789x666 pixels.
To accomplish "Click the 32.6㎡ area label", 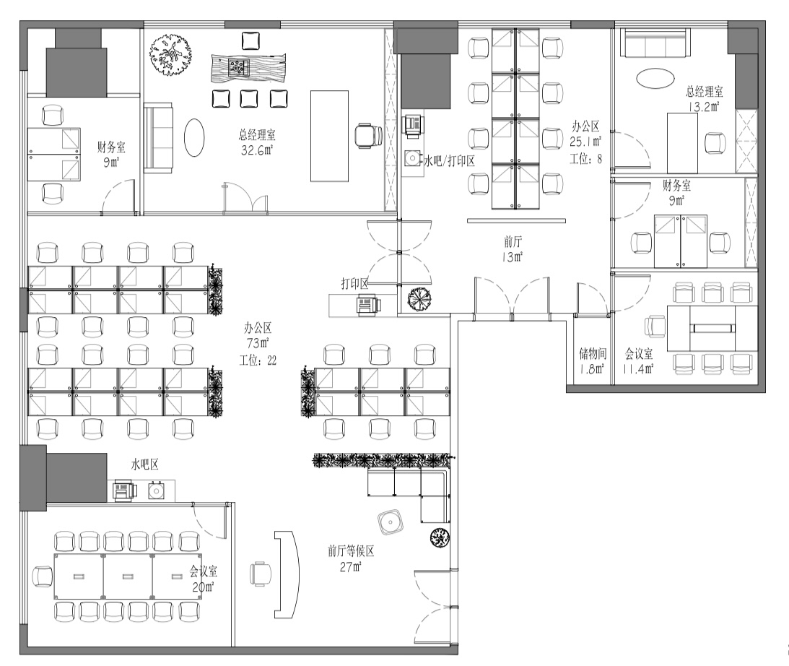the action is pyautogui.click(x=256, y=150).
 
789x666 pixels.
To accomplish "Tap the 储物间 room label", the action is pyautogui.click(x=592, y=353).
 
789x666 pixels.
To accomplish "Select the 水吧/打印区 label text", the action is pyautogui.click(x=449, y=161).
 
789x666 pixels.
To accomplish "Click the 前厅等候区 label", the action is pyautogui.click(x=351, y=551).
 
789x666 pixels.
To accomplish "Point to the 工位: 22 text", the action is pyautogui.click(x=258, y=360).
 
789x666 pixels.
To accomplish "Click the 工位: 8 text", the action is pyautogui.click(x=585, y=159).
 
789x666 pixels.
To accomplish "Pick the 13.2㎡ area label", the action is pyautogui.click(x=704, y=106).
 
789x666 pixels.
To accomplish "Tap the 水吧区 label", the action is pyautogui.click(x=145, y=464).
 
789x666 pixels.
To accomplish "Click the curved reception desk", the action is pyautogui.click(x=287, y=574).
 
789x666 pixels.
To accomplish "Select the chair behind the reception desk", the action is pyautogui.click(x=260, y=574).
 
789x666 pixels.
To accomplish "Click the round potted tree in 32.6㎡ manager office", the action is pyautogui.click(x=170, y=55).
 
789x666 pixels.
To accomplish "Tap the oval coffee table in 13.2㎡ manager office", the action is pyautogui.click(x=655, y=78).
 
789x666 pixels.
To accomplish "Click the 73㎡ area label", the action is pyautogui.click(x=258, y=344).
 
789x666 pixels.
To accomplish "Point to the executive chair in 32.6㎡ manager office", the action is pyautogui.click(x=368, y=137).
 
